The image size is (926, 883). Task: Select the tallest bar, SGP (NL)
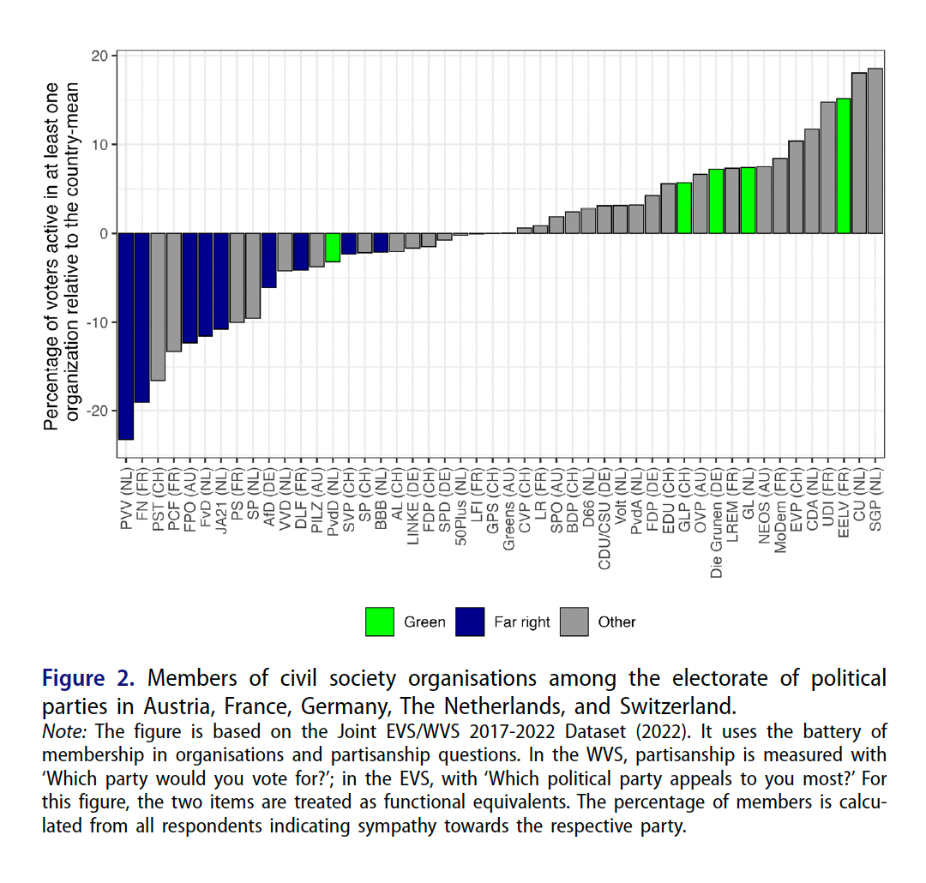click(875, 151)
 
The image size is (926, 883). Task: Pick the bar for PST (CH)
click(158, 307)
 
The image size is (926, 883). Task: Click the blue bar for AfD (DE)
click(269, 261)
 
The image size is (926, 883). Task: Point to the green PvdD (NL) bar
click(333, 247)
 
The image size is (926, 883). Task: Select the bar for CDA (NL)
click(812, 181)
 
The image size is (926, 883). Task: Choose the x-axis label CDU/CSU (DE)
click(604, 514)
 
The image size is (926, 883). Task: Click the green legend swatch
click(380, 622)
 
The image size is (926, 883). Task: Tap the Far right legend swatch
click(471, 622)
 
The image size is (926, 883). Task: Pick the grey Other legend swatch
click(574, 622)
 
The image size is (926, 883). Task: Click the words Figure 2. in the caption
click(88, 679)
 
